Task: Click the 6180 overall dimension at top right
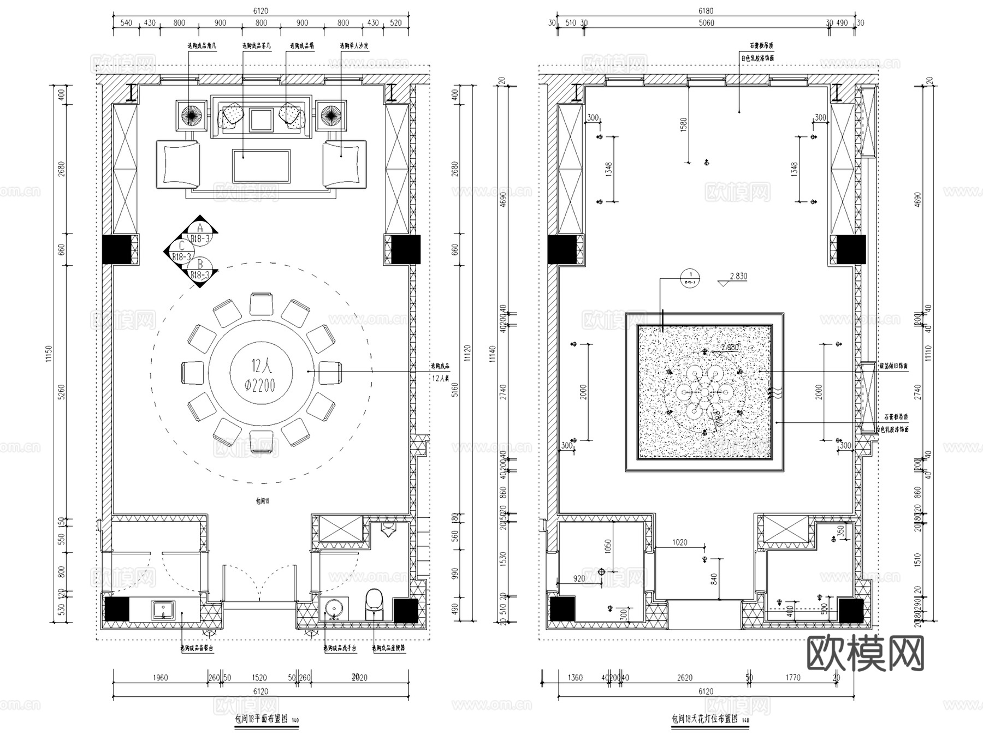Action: (706, 11)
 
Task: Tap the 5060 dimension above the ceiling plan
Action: (706, 23)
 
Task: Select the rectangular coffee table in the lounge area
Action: (261, 165)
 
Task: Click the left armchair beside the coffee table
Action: (178, 164)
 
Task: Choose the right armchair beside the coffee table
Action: (344, 164)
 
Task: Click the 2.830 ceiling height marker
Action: (738, 277)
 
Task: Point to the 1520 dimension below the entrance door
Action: (259, 678)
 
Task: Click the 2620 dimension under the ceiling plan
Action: (684, 678)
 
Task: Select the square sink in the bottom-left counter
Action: (163, 609)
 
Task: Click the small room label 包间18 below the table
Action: (263, 500)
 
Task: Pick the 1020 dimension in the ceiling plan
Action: (679, 542)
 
